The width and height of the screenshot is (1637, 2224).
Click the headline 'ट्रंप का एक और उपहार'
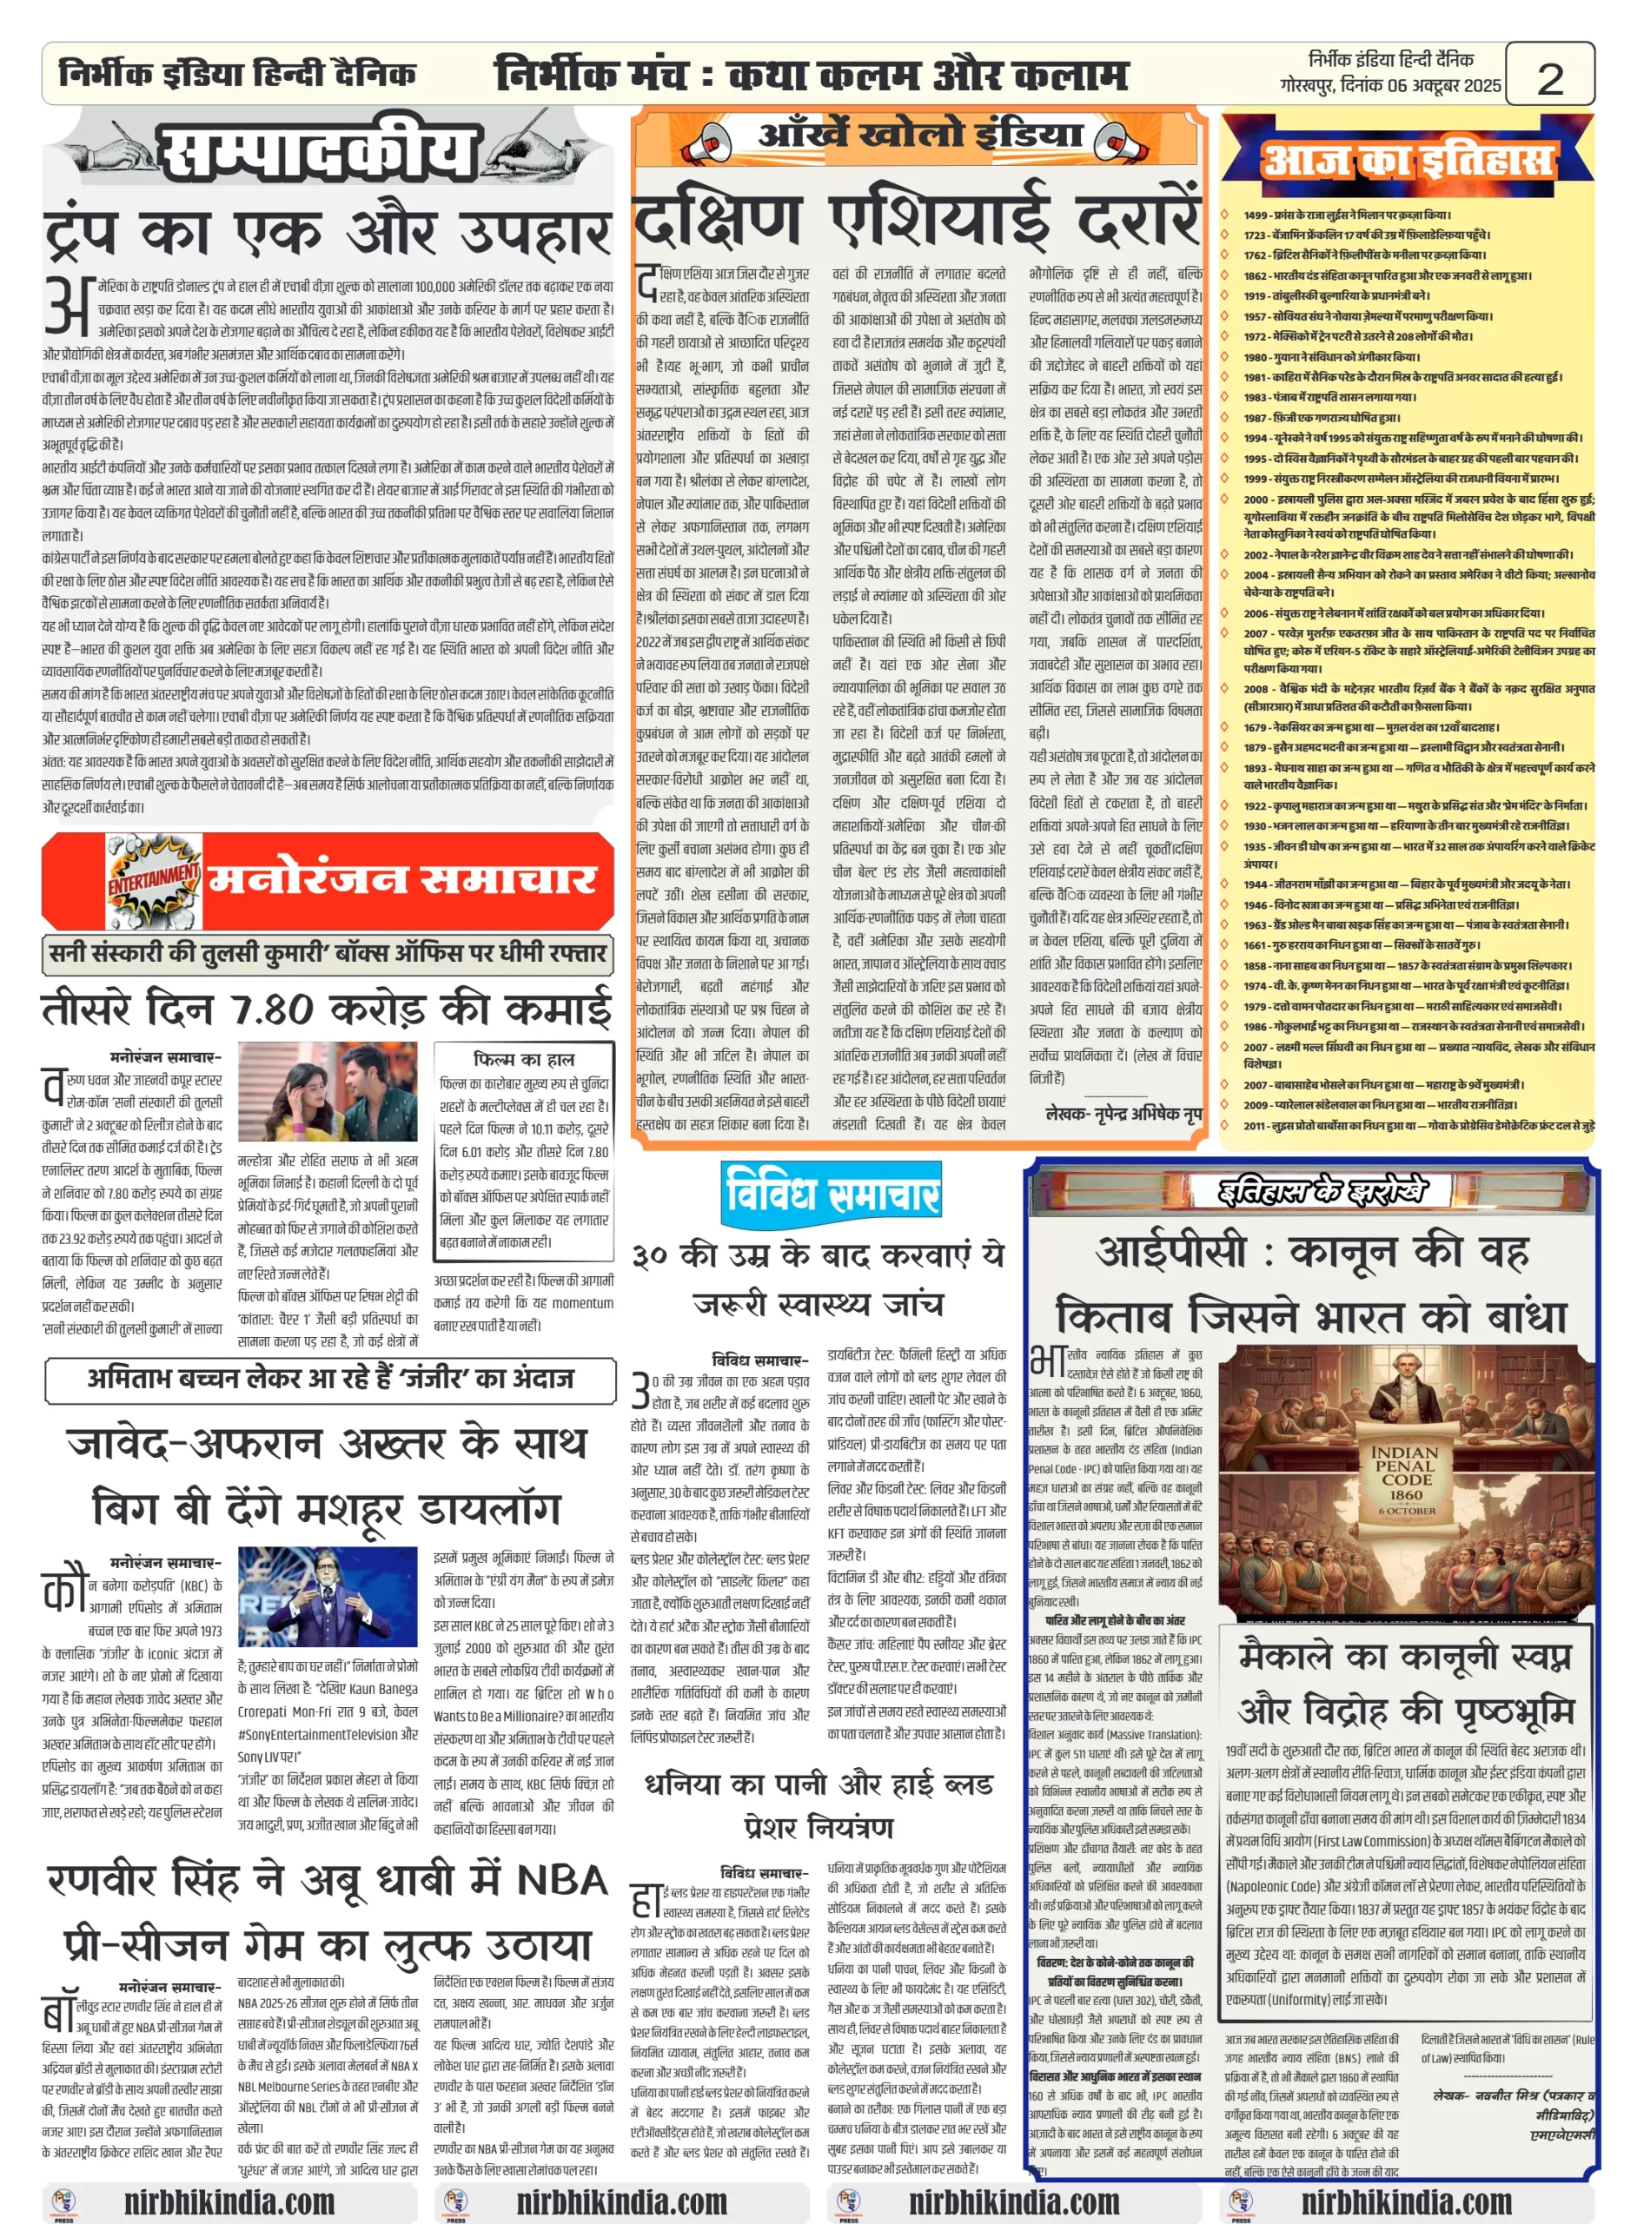(327, 234)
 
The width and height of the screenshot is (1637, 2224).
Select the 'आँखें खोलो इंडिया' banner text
(919, 135)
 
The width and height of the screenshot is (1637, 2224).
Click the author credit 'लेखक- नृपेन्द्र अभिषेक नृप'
(1123, 1114)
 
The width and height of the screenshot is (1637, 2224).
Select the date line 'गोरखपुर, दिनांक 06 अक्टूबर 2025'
(1389, 86)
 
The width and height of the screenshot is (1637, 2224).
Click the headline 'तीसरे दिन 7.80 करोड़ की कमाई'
(327, 1009)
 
